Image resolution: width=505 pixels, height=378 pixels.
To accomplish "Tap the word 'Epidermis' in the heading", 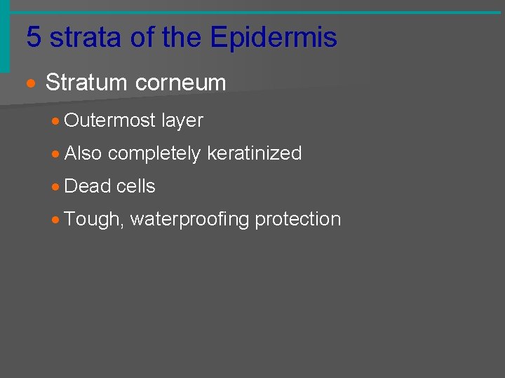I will click(274, 38).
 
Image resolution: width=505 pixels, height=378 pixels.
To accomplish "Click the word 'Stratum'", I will click(85, 83).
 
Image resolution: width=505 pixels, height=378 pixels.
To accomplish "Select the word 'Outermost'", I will click(109, 120).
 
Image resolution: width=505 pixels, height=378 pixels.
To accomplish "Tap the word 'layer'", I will click(182, 121).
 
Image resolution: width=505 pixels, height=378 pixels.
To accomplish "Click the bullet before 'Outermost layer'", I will click(56, 121).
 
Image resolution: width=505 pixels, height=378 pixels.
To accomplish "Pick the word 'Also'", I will click(83, 153).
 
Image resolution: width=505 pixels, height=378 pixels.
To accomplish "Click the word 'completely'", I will click(154, 154).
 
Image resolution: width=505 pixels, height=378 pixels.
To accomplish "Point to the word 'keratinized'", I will click(254, 153).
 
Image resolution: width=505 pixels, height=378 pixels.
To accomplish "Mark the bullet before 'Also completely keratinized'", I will click(56, 154).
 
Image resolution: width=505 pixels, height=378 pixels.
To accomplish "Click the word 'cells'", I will click(136, 186).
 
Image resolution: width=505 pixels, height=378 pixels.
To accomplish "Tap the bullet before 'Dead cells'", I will click(56, 187).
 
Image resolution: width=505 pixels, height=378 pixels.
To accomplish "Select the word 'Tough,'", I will click(94, 220).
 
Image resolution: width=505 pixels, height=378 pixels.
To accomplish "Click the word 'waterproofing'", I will click(189, 220).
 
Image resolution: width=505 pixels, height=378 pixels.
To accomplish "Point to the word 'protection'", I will click(297, 219).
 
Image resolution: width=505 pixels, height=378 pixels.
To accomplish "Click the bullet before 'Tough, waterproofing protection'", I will click(56, 220).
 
